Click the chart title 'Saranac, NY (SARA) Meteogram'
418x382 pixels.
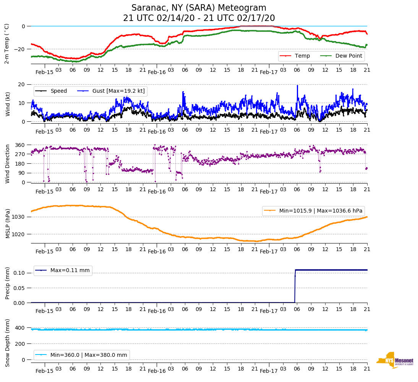[199, 8]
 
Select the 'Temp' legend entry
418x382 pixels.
[300, 56]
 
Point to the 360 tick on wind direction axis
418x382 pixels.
[19, 145]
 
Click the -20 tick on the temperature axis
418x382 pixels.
[19, 49]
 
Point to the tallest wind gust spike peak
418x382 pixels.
[297, 85]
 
